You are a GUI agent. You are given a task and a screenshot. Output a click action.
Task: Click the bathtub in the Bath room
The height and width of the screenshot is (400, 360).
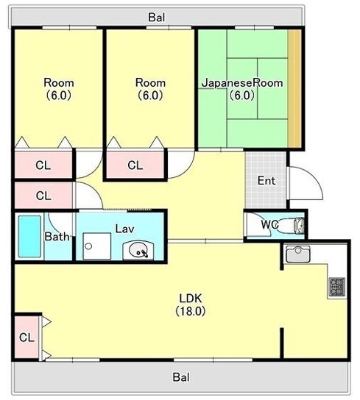[29, 237]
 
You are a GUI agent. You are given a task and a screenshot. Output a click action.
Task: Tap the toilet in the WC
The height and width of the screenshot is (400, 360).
[299, 225]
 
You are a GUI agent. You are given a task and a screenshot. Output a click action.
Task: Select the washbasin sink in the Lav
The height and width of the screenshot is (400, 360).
[138, 250]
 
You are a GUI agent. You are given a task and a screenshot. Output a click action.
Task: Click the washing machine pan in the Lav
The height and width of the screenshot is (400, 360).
[97, 246]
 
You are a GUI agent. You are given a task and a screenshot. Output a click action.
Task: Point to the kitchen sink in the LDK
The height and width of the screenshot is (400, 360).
[297, 254]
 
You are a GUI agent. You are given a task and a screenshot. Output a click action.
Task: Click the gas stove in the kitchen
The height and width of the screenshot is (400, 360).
[337, 287]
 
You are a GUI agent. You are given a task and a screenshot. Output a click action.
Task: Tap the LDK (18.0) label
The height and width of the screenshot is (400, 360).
[191, 304]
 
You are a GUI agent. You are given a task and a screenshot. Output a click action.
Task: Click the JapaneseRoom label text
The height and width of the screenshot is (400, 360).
[242, 83]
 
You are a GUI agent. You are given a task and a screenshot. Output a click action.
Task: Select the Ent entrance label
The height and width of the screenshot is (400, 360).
[267, 181]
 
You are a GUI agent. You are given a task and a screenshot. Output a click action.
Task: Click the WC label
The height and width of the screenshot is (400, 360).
[269, 224]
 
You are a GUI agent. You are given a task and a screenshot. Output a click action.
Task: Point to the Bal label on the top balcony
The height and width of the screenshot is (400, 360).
[157, 18]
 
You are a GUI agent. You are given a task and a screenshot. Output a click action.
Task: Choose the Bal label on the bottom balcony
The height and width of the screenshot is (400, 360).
[181, 377]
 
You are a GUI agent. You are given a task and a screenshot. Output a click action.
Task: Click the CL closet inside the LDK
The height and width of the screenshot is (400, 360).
[27, 337]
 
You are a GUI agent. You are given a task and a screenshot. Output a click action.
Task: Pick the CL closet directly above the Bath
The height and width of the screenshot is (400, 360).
[43, 196]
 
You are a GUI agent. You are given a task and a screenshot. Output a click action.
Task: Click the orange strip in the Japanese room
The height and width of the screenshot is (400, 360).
[294, 88]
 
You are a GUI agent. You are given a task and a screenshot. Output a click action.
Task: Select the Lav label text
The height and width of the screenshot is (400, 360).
[124, 229]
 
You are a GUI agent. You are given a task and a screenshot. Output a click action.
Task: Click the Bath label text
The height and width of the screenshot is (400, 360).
[57, 237]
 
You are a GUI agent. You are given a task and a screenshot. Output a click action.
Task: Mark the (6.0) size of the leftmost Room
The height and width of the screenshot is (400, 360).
[58, 96]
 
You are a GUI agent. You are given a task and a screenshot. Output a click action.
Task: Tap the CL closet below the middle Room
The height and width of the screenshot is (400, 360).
[135, 165]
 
